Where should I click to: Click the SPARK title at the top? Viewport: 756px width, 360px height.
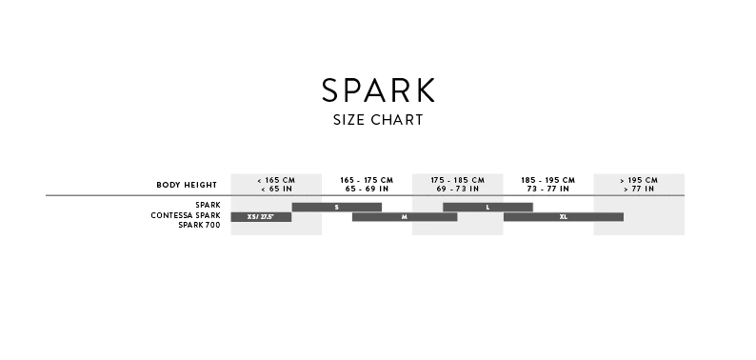pos(379,90)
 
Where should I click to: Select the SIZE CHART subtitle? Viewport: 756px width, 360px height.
pos(378,120)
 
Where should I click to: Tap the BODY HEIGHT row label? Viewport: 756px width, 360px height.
pos(187,185)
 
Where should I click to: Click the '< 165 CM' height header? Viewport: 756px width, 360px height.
pos(276,180)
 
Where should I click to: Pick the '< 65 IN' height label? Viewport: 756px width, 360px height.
pos(276,189)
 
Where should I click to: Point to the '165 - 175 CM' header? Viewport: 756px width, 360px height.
pos(367,180)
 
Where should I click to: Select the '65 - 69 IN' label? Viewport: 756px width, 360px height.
pos(367,189)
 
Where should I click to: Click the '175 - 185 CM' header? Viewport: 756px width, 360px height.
pos(458,180)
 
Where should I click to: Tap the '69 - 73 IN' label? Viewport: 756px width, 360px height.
pos(458,189)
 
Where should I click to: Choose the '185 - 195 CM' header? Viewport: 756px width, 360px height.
pos(548,180)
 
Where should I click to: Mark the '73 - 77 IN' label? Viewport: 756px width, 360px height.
pos(548,189)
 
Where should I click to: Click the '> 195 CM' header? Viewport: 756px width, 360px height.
pos(639,180)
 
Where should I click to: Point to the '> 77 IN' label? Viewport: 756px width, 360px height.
pos(639,189)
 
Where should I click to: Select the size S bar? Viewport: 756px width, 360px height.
pos(336,207)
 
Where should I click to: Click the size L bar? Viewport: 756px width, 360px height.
pos(487,207)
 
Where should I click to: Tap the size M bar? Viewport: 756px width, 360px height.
pos(405,217)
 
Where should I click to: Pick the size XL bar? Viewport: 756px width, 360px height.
pos(564,217)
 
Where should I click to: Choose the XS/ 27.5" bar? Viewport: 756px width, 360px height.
pos(261,217)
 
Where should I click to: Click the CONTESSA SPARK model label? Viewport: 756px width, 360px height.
pos(186,215)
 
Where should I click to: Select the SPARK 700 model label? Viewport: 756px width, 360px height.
pos(199,225)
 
